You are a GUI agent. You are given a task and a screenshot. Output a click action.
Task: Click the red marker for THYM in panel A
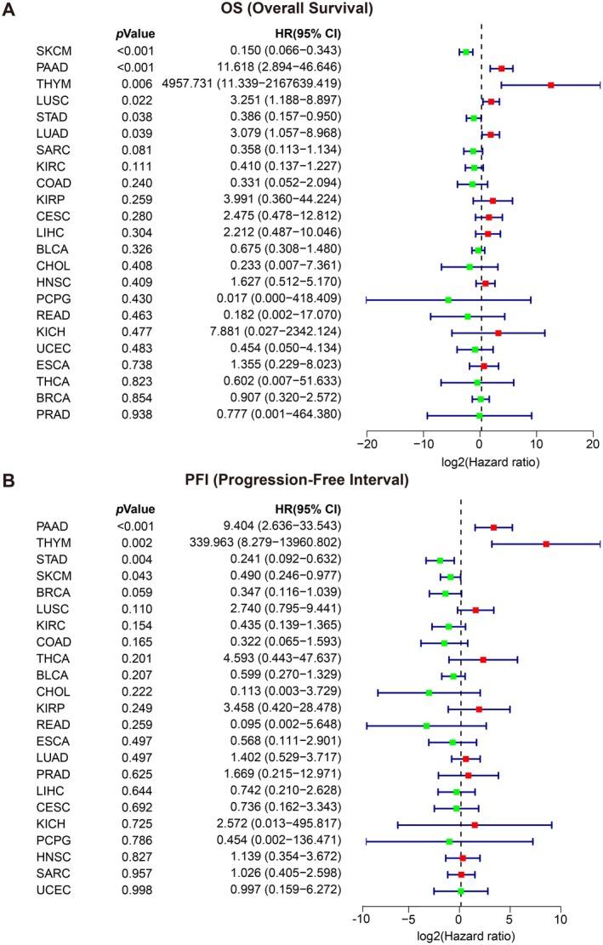pyautogui.click(x=551, y=84)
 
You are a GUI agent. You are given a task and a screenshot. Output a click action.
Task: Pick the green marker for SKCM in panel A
pyautogui.click(x=466, y=52)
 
